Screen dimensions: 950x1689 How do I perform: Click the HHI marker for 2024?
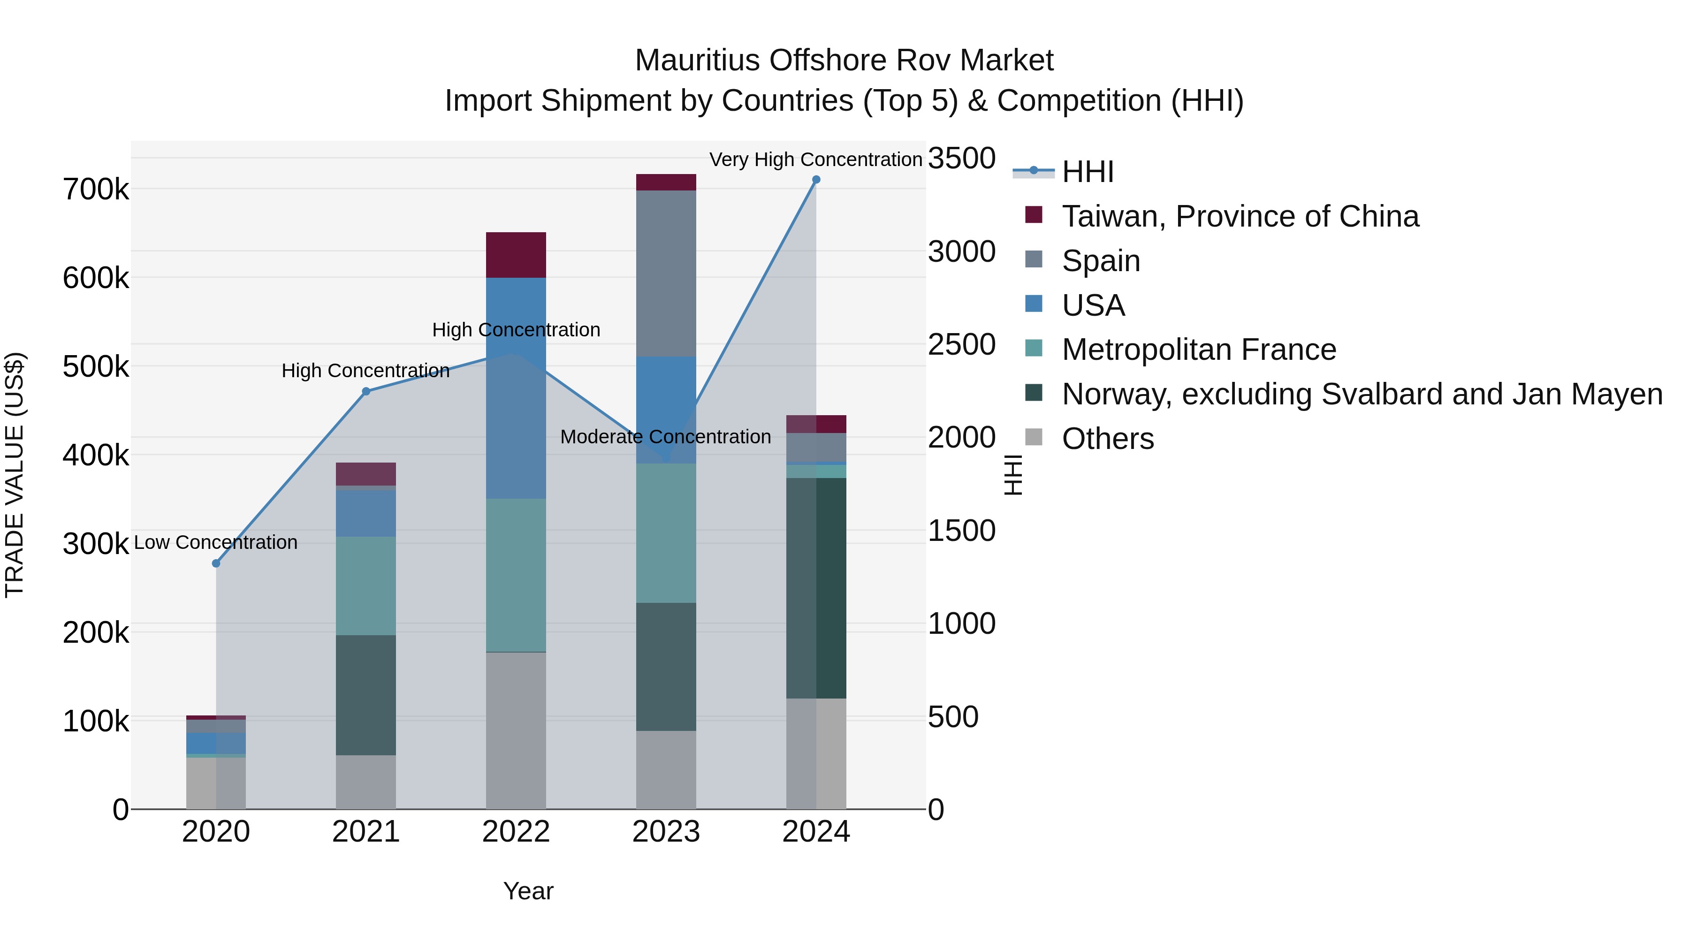[x=816, y=180]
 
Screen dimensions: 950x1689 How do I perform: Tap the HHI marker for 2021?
[x=366, y=391]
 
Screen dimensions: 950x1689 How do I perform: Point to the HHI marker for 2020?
[x=216, y=563]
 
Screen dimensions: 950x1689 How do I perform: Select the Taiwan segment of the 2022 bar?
[x=516, y=255]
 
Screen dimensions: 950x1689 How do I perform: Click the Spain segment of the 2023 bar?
[x=666, y=274]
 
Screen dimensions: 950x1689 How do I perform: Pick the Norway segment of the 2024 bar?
[x=816, y=588]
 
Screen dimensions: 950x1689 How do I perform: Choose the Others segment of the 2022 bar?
[x=516, y=730]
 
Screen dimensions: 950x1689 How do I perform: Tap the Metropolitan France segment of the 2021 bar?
[x=366, y=586]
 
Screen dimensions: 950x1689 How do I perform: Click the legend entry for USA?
[x=1093, y=305]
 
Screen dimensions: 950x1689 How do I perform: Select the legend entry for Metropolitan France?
[x=1199, y=350]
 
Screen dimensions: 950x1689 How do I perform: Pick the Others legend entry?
[x=1107, y=439]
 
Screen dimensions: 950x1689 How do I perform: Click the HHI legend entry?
[x=1087, y=172]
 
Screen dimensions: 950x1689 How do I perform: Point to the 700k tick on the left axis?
[x=96, y=190]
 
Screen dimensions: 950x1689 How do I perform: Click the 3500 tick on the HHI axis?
[x=962, y=159]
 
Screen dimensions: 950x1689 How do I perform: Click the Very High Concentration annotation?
[x=816, y=160]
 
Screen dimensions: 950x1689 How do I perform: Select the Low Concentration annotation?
[x=216, y=543]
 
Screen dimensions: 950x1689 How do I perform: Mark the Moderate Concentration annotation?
[x=665, y=437]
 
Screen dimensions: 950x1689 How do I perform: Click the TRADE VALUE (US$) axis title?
[x=15, y=475]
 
